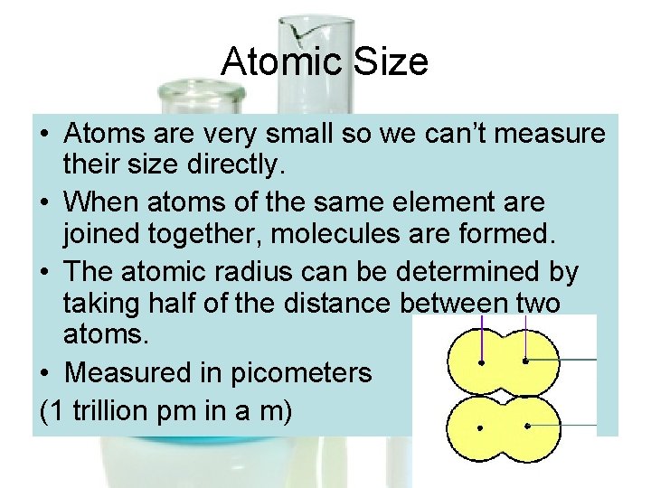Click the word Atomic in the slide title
(278, 62)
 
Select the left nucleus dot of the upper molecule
(480, 362)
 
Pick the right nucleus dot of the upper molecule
(525, 361)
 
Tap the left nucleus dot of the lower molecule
(480, 427)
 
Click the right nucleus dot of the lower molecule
(525, 425)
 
